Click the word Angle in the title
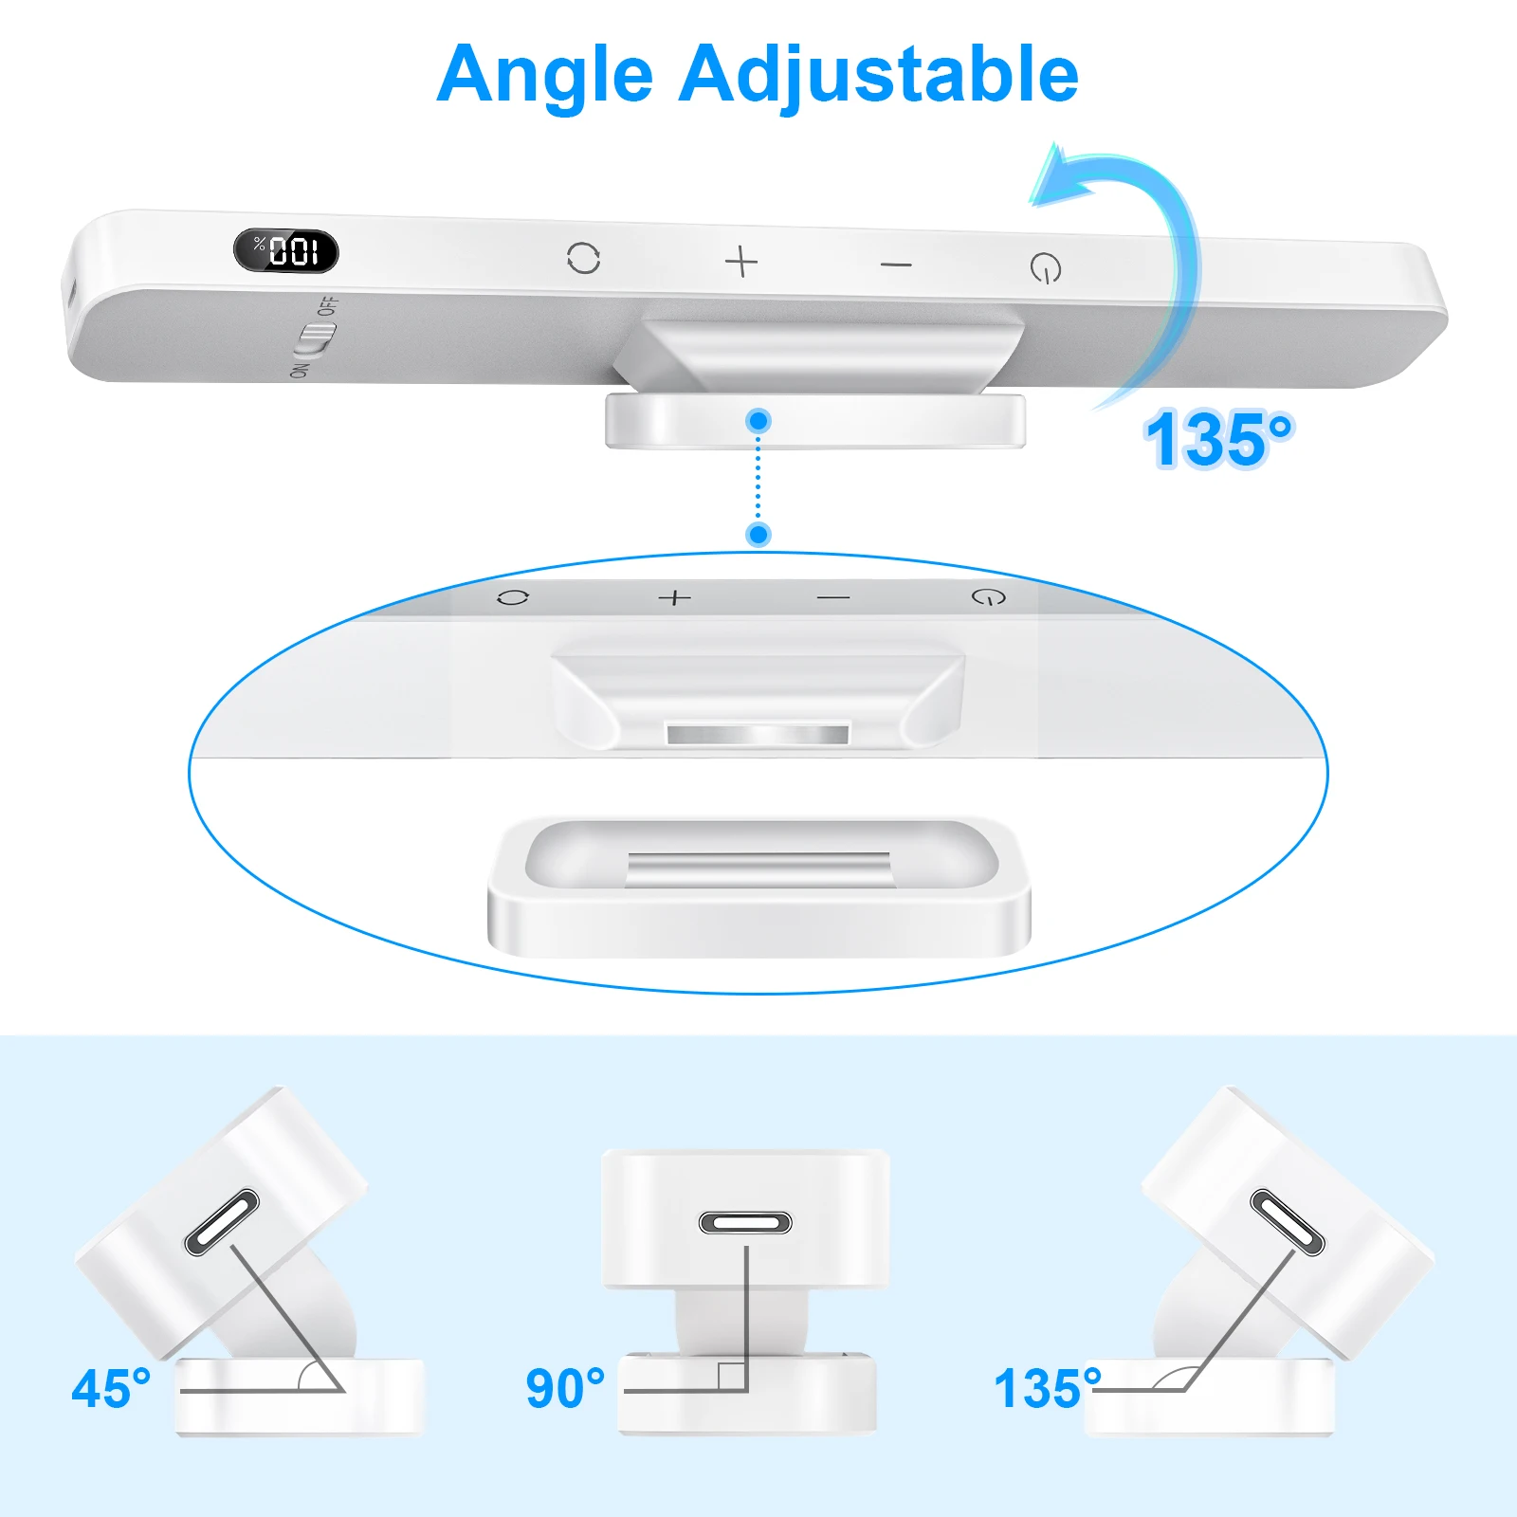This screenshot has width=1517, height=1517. click(x=545, y=76)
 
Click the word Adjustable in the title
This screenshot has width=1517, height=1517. click(x=878, y=76)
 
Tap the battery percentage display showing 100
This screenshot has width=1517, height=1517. click(x=285, y=251)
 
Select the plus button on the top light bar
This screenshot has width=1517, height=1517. click(x=741, y=261)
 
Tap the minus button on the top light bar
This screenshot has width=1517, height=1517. click(x=896, y=265)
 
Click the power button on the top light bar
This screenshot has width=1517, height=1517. click(x=1046, y=268)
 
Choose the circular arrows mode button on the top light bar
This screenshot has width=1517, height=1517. click(x=583, y=258)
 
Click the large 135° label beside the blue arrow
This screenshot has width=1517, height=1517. click(x=1218, y=440)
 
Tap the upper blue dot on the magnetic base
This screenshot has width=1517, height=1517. click(x=758, y=420)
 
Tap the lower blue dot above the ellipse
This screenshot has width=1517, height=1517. click(x=758, y=535)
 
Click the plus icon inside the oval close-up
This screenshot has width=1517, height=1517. click(x=675, y=597)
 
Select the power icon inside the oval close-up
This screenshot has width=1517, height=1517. click(x=989, y=597)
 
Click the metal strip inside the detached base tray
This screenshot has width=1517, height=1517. click(x=758, y=868)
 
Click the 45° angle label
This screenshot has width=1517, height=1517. click(x=111, y=1389)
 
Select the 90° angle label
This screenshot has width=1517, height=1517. click(x=565, y=1389)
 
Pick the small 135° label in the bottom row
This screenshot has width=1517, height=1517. click(x=1047, y=1389)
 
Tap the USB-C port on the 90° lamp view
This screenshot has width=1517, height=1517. click(x=745, y=1223)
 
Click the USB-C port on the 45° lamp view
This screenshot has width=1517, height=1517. click(x=222, y=1222)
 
